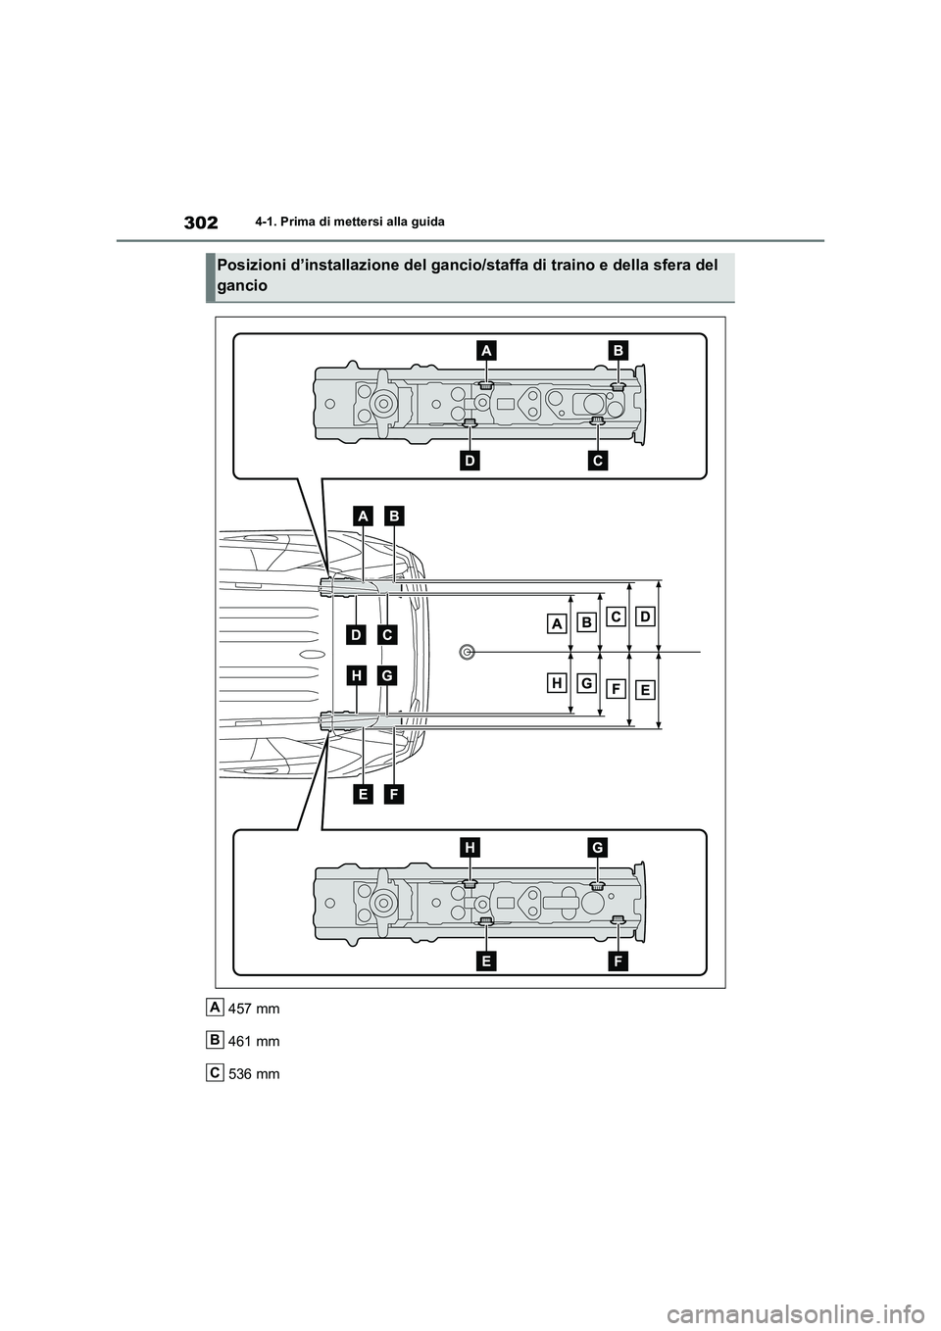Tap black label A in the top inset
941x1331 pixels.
coord(487,350)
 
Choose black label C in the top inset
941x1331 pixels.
coord(598,458)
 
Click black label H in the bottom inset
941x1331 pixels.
coord(470,847)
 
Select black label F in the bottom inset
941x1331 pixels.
coord(618,961)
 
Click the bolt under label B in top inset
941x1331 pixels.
coord(618,386)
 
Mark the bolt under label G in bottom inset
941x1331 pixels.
coord(598,885)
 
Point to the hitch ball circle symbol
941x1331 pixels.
coord(468,651)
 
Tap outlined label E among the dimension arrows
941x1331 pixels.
coord(644,690)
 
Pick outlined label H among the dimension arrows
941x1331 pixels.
coord(557,682)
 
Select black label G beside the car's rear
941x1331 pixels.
coord(387,675)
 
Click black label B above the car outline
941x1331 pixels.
coord(394,514)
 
